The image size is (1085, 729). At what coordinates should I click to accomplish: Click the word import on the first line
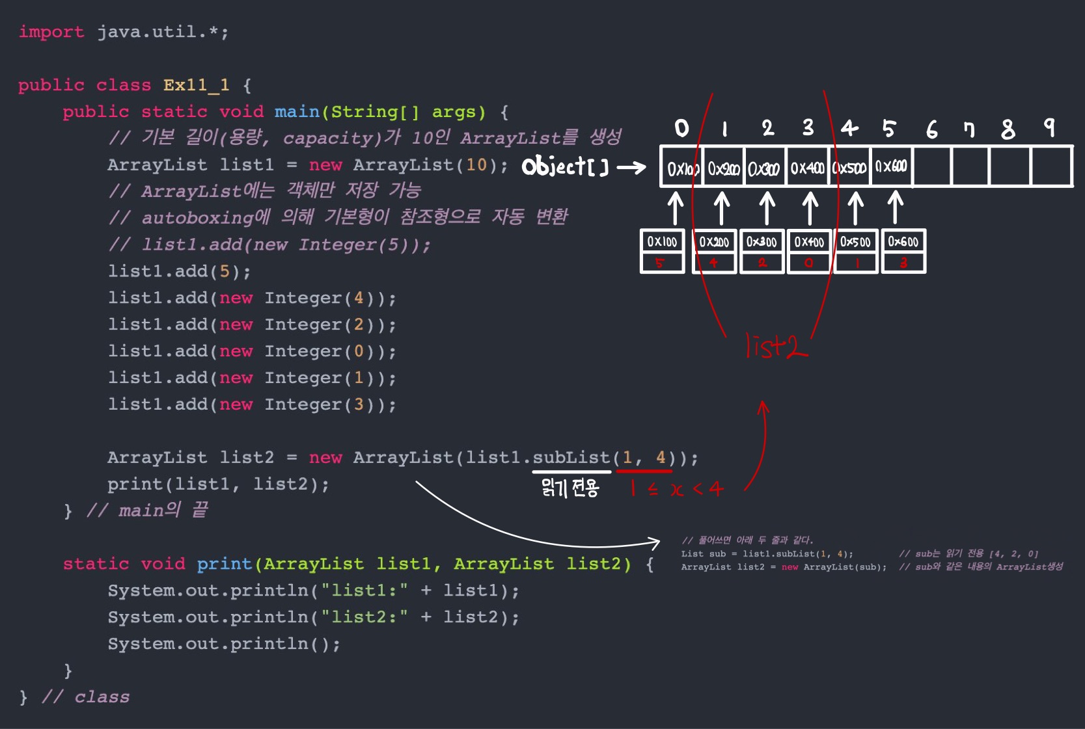[51, 32]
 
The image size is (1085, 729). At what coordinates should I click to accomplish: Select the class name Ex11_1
[196, 85]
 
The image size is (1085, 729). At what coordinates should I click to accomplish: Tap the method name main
[297, 112]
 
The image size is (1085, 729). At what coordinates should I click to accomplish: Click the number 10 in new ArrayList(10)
[476, 165]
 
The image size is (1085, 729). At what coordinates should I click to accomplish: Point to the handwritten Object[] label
[565, 167]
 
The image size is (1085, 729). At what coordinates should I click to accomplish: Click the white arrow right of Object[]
[631, 168]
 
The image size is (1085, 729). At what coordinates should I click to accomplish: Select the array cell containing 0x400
[807, 168]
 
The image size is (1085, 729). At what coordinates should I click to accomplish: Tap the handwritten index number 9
[1049, 127]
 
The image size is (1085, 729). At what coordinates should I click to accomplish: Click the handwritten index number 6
[932, 129]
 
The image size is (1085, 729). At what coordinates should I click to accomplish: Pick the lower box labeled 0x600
[903, 251]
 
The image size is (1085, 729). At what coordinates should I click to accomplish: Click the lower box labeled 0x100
[662, 251]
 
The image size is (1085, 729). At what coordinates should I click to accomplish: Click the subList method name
[571, 457]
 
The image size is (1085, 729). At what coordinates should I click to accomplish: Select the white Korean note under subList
[570, 487]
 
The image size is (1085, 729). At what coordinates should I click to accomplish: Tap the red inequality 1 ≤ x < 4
[677, 488]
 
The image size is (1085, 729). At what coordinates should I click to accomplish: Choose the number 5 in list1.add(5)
[224, 271]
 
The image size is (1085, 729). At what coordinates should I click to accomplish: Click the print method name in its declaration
[224, 564]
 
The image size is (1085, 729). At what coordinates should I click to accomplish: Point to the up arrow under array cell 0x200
[721, 207]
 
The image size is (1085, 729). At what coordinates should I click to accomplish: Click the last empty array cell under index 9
[1051, 167]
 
